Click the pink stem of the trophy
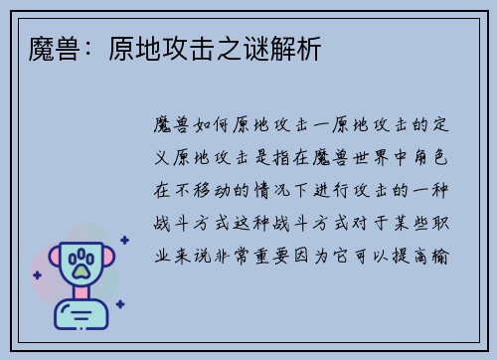click(82, 294)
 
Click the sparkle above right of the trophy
click(124, 240)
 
